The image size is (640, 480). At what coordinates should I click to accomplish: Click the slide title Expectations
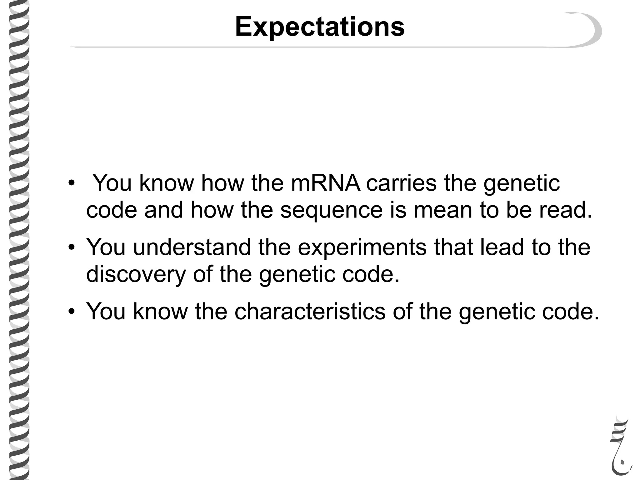click(320, 27)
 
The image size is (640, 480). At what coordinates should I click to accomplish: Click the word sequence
click(331, 210)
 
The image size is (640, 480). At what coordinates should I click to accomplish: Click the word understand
click(192, 247)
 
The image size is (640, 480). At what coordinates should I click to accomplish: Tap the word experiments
click(362, 247)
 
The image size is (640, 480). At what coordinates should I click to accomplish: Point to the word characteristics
click(310, 311)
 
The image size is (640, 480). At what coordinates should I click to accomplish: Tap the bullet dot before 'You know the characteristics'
click(72, 312)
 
